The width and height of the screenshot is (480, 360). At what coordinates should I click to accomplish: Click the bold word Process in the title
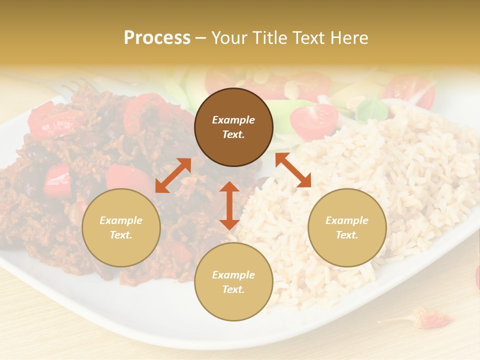[x=157, y=38]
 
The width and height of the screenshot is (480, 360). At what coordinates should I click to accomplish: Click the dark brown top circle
[x=233, y=127]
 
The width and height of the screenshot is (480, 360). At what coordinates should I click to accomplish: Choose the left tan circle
[x=121, y=227]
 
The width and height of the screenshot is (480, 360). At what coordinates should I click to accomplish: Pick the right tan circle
[x=346, y=227]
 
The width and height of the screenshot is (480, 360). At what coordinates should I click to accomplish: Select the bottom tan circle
[x=233, y=281]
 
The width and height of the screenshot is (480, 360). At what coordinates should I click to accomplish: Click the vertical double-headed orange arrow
[x=229, y=205]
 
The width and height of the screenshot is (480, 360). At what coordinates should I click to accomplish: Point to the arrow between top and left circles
[x=173, y=175]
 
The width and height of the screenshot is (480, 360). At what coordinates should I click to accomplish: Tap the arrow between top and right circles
[x=293, y=170]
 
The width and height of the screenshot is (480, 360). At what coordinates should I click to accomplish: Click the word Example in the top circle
[x=233, y=120]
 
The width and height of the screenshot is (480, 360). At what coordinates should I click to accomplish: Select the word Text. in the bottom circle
[x=233, y=289]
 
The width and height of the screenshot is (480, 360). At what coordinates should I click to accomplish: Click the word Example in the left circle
[x=121, y=220]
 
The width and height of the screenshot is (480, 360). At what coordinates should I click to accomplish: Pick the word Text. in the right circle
[x=346, y=235]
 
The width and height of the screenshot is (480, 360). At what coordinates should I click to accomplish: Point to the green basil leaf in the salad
[x=369, y=107]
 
